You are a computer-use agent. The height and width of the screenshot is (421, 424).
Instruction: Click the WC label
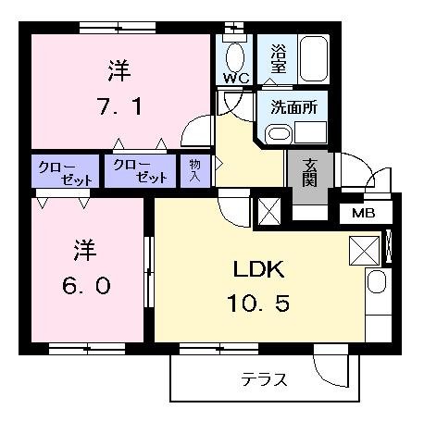(x=236, y=78)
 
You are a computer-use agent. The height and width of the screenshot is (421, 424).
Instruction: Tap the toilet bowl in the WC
(x=235, y=57)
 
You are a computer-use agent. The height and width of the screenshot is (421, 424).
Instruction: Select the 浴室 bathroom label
(x=279, y=58)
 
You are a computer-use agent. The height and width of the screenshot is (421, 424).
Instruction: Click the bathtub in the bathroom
(x=314, y=58)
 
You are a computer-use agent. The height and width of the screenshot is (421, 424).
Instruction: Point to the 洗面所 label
(x=294, y=107)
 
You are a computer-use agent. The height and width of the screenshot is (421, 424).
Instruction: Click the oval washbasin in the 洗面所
(x=279, y=134)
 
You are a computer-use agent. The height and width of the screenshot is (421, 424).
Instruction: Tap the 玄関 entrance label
(x=309, y=172)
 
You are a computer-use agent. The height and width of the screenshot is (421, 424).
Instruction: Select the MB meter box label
(x=364, y=213)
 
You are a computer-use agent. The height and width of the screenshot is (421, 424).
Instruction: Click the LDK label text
(x=258, y=269)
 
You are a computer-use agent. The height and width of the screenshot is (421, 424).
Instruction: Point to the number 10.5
(x=258, y=303)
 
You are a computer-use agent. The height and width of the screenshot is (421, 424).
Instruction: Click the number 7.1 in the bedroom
(x=119, y=106)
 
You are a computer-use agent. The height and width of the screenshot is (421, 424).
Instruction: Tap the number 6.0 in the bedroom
(x=86, y=286)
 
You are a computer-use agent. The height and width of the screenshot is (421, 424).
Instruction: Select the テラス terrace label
(x=264, y=379)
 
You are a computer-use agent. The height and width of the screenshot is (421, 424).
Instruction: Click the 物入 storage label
(x=194, y=170)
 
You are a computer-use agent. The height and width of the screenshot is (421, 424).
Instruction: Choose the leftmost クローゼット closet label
(x=65, y=173)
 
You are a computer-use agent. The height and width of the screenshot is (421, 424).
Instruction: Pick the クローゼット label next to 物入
(x=141, y=171)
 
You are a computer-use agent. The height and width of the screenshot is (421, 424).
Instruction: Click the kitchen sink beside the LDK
(x=377, y=281)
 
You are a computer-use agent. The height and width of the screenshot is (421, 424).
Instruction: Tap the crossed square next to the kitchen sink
(x=364, y=251)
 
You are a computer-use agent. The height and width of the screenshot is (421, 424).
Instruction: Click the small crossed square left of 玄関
(x=269, y=211)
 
